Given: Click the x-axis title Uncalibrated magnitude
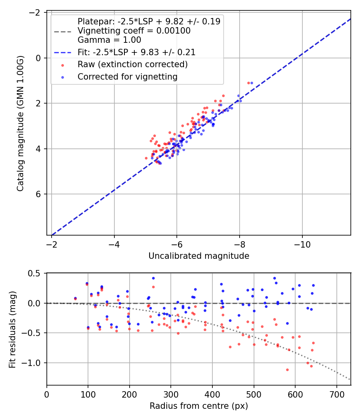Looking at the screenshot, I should tap(199, 256).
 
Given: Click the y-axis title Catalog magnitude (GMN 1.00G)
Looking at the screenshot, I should tap(20, 124).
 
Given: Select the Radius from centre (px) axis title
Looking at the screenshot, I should tap(199, 406).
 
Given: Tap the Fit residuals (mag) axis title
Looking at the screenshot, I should tap(12, 329).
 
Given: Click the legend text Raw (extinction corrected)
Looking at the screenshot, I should tap(132, 64).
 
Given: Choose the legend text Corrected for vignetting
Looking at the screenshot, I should tap(128, 76).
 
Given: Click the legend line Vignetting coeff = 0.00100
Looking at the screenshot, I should tap(134, 31).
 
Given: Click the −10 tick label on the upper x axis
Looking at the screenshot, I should tap(302, 244).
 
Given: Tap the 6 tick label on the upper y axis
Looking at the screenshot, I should tap(38, 194).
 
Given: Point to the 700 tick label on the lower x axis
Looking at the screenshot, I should tap(336, 394).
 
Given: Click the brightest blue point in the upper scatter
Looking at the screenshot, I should tap(252, 83).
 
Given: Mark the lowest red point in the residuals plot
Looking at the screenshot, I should tap(287, 370).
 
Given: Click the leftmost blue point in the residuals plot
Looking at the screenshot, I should tap(75, 298).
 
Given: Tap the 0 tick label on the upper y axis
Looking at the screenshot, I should tap(38, 58).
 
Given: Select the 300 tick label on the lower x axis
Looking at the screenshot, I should tap(171, 394).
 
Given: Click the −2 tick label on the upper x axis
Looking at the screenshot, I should tap(52, 244).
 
